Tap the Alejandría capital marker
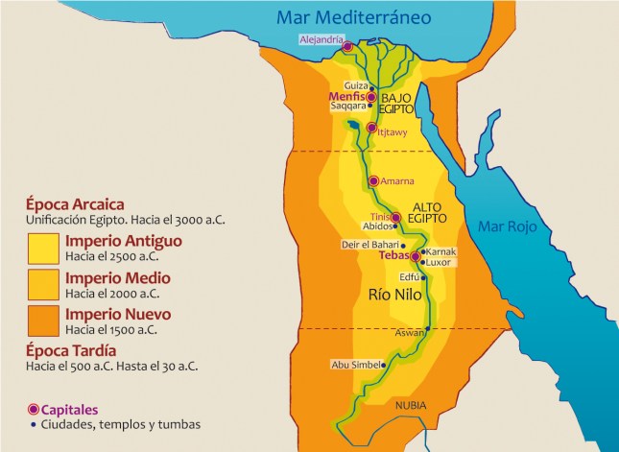[x=347, y=46]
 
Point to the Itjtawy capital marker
[x=371, y=129]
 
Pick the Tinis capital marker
[x=394, y=217]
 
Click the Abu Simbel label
[x=353, y=365]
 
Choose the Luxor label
[x=438, y=262]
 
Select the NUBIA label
[x=413, y=404]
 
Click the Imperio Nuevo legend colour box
[x=43, y=321]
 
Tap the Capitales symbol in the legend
[x=35, y=409]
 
